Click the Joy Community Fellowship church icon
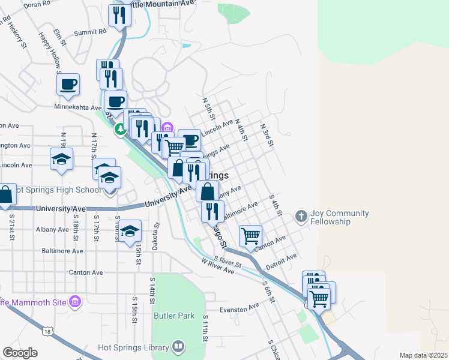(x=301, y=215)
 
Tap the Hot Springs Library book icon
(x=178, y=346)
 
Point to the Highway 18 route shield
(x=47, y=331)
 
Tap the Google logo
(x=20, y=353)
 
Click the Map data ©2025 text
(x=423, y=355)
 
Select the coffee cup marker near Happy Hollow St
(x=68, y=83)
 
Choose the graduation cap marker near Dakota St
(x=130, y=232)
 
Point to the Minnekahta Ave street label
(x=78, y=108)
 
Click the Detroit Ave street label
(x=282, y=261)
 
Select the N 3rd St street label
(x=267, y=135)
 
